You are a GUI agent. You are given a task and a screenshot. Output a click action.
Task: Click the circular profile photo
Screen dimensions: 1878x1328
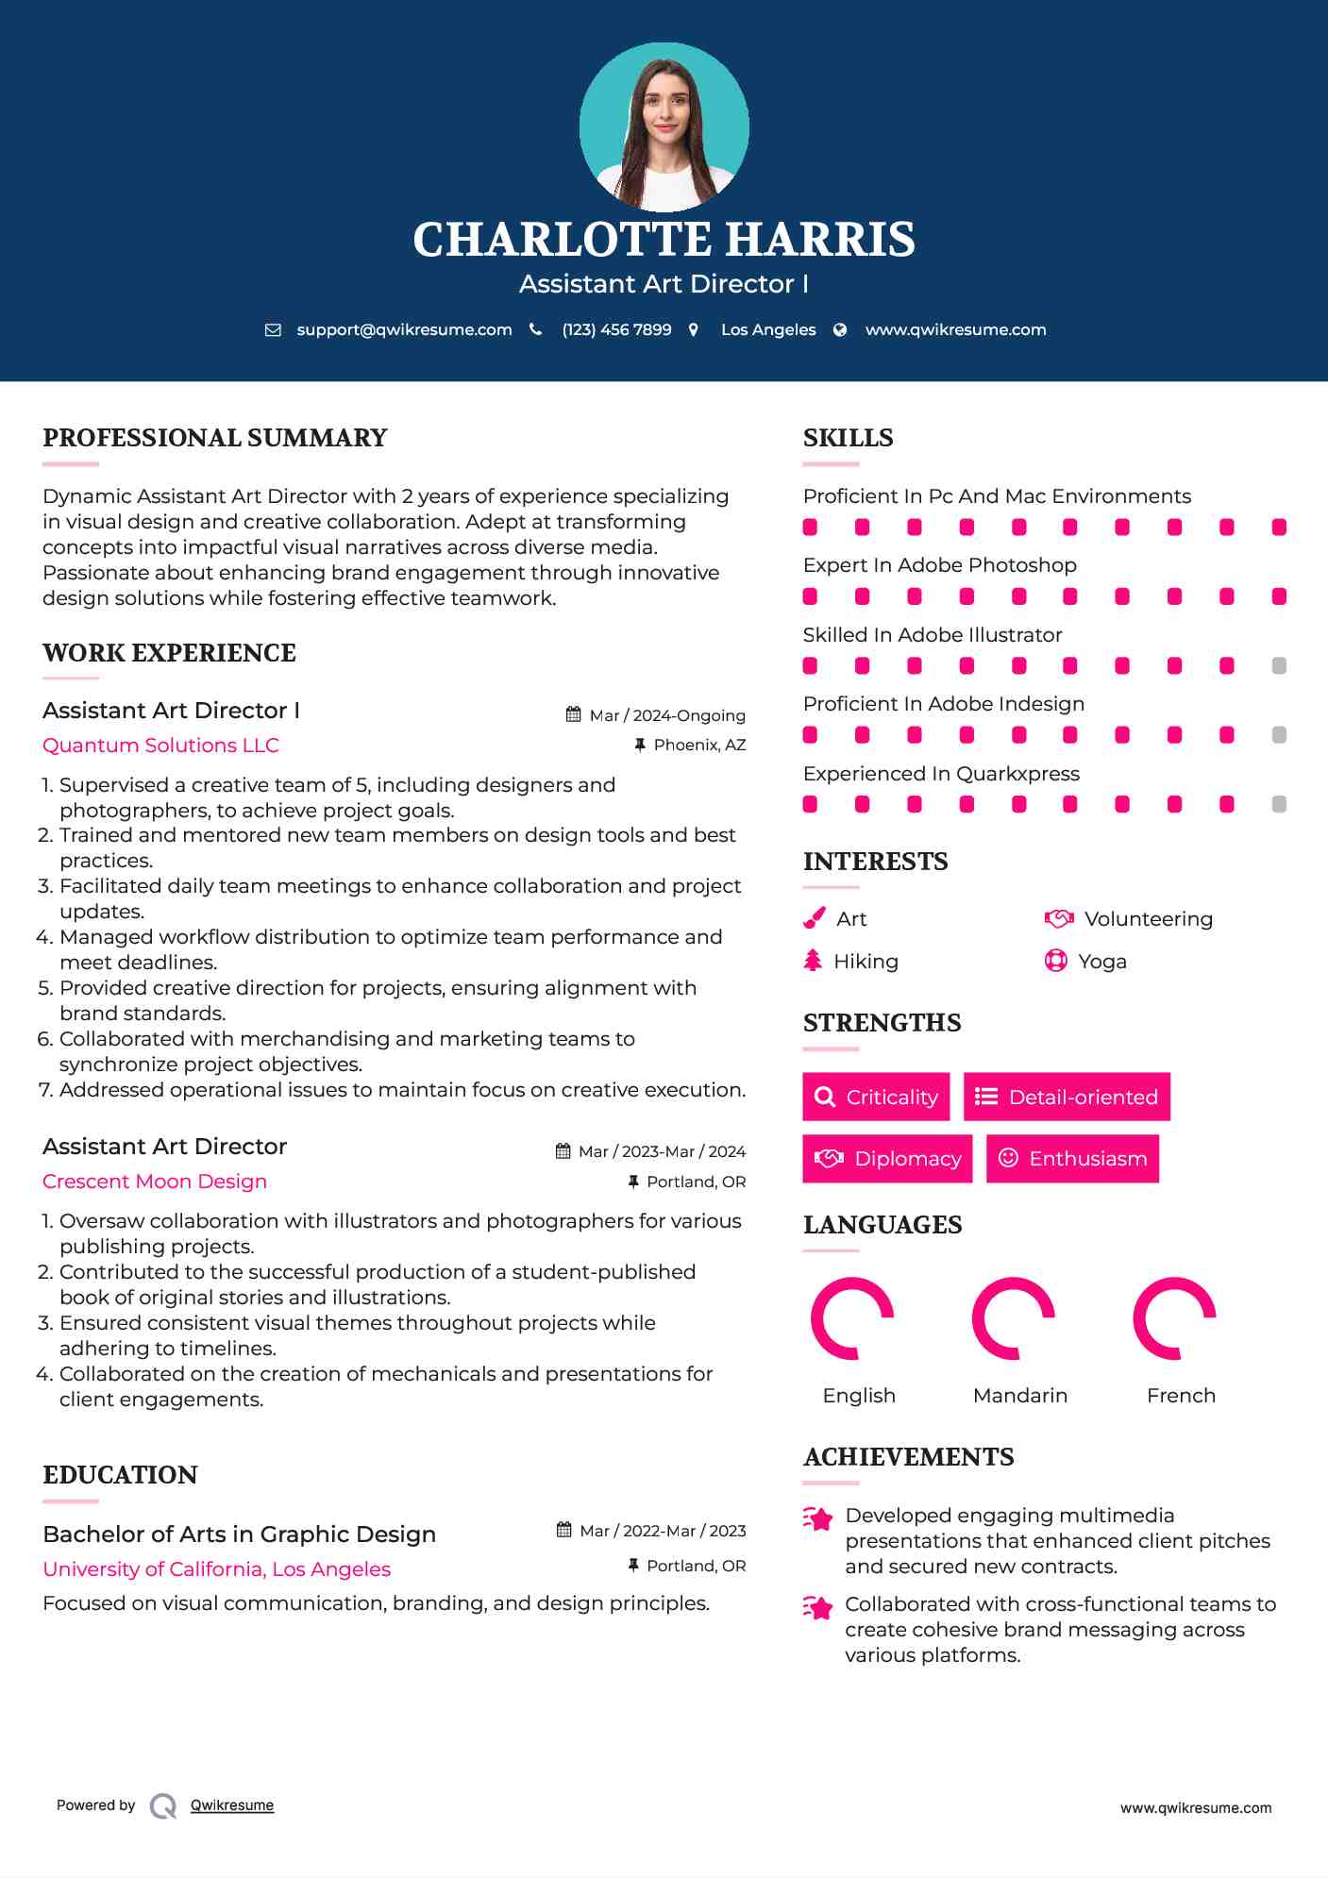(x=664, y=126)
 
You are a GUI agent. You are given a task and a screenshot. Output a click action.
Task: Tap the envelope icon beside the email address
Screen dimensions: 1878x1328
(x=273, y=330)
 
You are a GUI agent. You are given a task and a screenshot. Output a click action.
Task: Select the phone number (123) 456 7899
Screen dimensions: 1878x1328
(x=616, y=330)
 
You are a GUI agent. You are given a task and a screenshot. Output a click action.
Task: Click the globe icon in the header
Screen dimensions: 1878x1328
(x=840, y=330)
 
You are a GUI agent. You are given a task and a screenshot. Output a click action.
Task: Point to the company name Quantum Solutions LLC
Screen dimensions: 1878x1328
(x=160, y=746)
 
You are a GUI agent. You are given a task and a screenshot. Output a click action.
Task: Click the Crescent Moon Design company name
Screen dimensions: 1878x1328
(x=155, y=1182)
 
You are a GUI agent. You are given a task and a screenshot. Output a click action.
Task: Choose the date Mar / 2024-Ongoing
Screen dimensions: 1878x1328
(x=667, y=715)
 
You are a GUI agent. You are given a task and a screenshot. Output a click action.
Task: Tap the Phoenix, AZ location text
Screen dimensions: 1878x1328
(x=699, y=746)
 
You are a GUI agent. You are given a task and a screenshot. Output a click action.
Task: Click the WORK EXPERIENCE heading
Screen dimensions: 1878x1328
(x=169, y=653)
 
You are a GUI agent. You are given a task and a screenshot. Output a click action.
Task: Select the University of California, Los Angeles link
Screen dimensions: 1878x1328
(x=216, y=1569)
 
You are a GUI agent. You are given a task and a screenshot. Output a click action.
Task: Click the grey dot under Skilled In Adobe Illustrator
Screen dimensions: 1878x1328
(x=1279, y=666)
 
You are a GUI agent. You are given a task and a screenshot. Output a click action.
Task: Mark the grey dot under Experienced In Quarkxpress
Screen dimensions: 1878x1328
(x=1279, y=804)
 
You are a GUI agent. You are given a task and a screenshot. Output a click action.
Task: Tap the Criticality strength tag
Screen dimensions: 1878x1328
(x=876, y=1097)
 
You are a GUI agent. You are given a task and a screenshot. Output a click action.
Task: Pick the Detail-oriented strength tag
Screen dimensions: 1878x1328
(x=1067, y=1097)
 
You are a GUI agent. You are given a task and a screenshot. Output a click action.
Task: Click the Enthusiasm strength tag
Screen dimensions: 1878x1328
(x=1072, y=1159)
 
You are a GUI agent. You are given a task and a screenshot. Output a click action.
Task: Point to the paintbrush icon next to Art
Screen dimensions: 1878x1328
(x=814, y=919)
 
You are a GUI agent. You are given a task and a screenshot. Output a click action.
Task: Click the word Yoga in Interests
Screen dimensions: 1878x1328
(x=1102, y=962)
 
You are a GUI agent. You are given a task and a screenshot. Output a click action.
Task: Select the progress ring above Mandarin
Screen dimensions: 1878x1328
(x=1013, y=1318)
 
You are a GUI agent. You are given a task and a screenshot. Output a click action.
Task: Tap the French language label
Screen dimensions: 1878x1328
(x=1181, y=1396)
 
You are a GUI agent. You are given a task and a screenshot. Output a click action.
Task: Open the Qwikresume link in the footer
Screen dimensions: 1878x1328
(x=232, y=1805)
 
